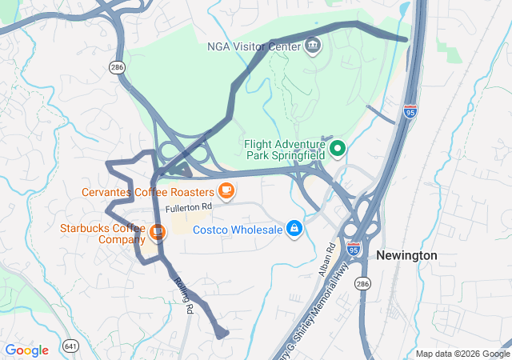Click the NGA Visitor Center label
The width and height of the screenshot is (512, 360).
pos(253,46)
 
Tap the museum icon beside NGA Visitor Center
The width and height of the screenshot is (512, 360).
pos(313,45)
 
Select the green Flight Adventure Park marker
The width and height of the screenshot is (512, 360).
pos(338,148)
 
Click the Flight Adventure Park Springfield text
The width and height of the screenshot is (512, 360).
pos(284,148)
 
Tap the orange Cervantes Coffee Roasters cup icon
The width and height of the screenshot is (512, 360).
pos(227,190)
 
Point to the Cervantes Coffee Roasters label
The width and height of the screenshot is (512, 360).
pos(148,192)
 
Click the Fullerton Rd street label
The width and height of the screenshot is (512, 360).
pos(189,207)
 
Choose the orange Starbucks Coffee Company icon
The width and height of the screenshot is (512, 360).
pos(158,233)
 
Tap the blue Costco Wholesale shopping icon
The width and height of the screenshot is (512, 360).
pos(294,230)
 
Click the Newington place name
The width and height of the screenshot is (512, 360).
pos(406,255)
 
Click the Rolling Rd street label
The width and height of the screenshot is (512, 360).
pos(183,294)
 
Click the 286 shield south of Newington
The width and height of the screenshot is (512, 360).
pos(364,284)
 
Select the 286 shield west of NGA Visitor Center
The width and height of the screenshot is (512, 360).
pos(118,68)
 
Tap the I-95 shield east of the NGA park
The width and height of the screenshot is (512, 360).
pos(410,110)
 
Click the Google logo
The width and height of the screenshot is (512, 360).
pos(26,350)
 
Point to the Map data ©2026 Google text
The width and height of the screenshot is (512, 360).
pos(462,354)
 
